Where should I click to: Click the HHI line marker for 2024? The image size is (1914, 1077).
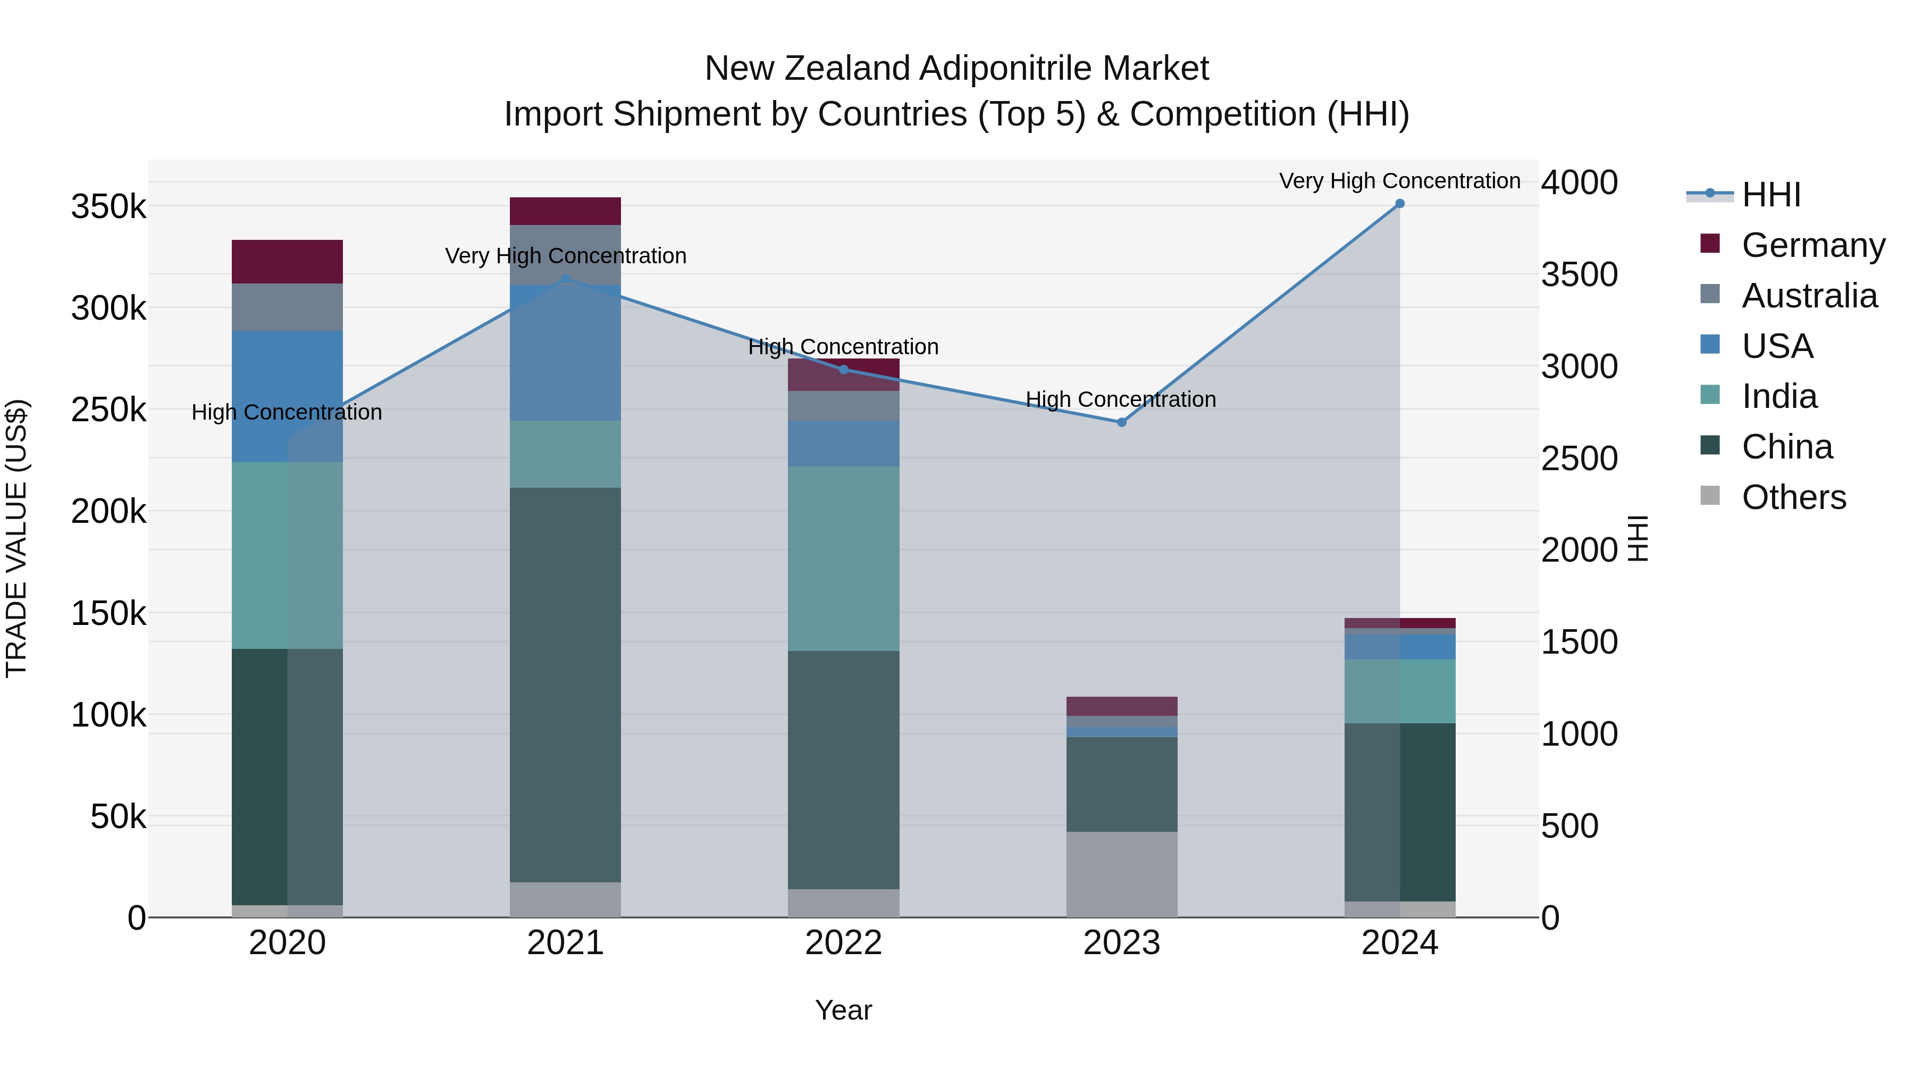pos(1400,204)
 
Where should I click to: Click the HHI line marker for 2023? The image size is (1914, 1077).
pos(1122,422)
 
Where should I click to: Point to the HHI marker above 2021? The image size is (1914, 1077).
pos(566,279)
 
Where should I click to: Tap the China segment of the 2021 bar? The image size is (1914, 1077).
pos(566,684)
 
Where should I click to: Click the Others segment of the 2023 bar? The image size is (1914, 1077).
pos(1122,874)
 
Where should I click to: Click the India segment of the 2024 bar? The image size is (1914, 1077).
pos(1400,691)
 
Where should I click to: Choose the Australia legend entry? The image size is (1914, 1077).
pos(1809,296)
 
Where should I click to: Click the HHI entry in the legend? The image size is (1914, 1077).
pos(1770,195)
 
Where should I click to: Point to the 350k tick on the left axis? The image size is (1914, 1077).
pos(108,207)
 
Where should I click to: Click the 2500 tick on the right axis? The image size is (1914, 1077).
pos(1579,458)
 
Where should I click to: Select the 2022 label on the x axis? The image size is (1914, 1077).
pos(843,942)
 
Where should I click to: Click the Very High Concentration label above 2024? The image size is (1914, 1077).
pos(1400,181)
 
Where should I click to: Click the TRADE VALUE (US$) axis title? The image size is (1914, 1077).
pos(17,538)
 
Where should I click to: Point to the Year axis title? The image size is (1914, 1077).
pos(843,1010)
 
